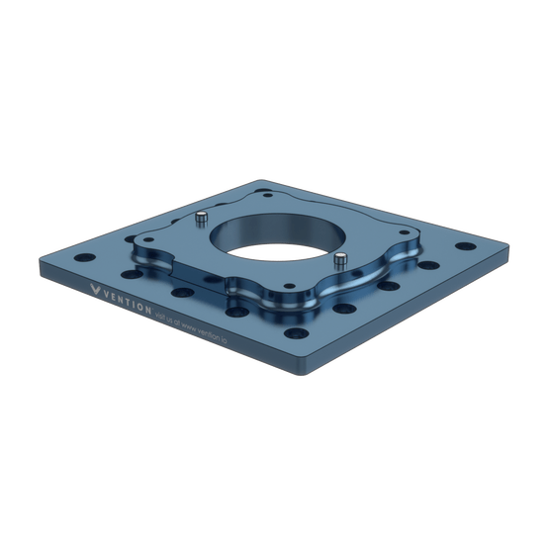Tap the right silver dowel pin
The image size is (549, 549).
point(339,261)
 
